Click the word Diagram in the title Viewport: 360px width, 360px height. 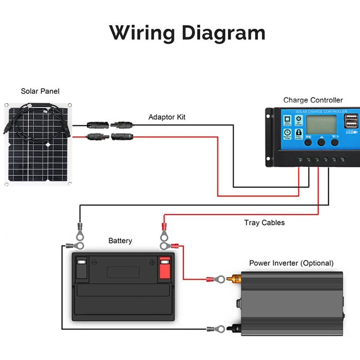point(224,34)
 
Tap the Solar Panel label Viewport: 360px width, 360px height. point(40,91)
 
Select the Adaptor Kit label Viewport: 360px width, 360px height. point(167,117)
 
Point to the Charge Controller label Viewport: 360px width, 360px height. point(313,100)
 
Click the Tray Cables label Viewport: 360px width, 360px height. point(264,222)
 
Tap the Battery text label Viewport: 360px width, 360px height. point(120,241)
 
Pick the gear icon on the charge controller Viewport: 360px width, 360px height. point(298,120)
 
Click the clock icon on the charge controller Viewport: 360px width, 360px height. point(287,132)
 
